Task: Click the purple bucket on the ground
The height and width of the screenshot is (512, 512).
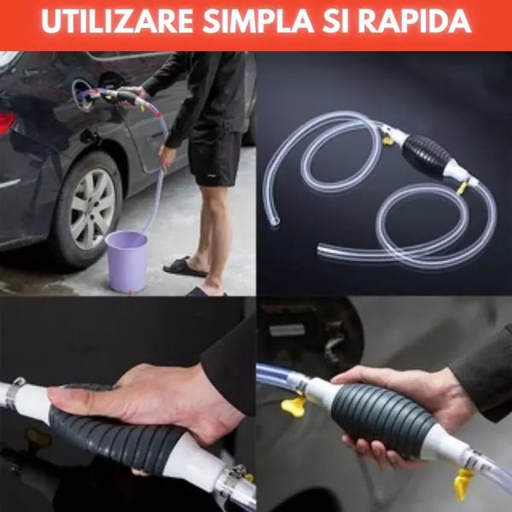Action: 126,260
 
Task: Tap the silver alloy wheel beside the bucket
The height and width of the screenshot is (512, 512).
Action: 93,208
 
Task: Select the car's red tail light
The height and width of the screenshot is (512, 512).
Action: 8,123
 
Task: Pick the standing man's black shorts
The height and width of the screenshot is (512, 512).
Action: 215,156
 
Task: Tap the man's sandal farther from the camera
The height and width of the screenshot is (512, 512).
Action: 184,267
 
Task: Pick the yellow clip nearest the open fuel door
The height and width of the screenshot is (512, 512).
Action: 294,404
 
